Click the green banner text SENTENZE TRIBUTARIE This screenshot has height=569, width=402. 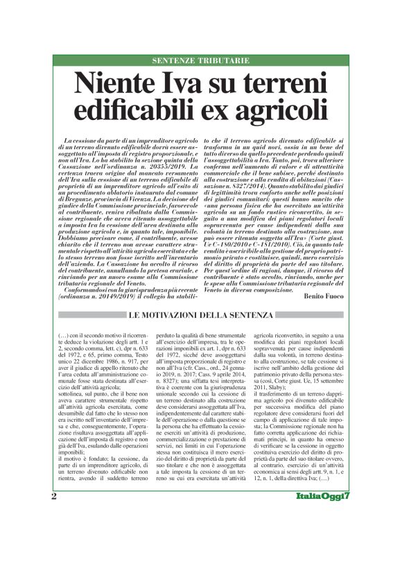pyautogui.click(x=200, y=61)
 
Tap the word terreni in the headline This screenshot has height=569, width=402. pyautogui.click(x=281, y=83)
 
